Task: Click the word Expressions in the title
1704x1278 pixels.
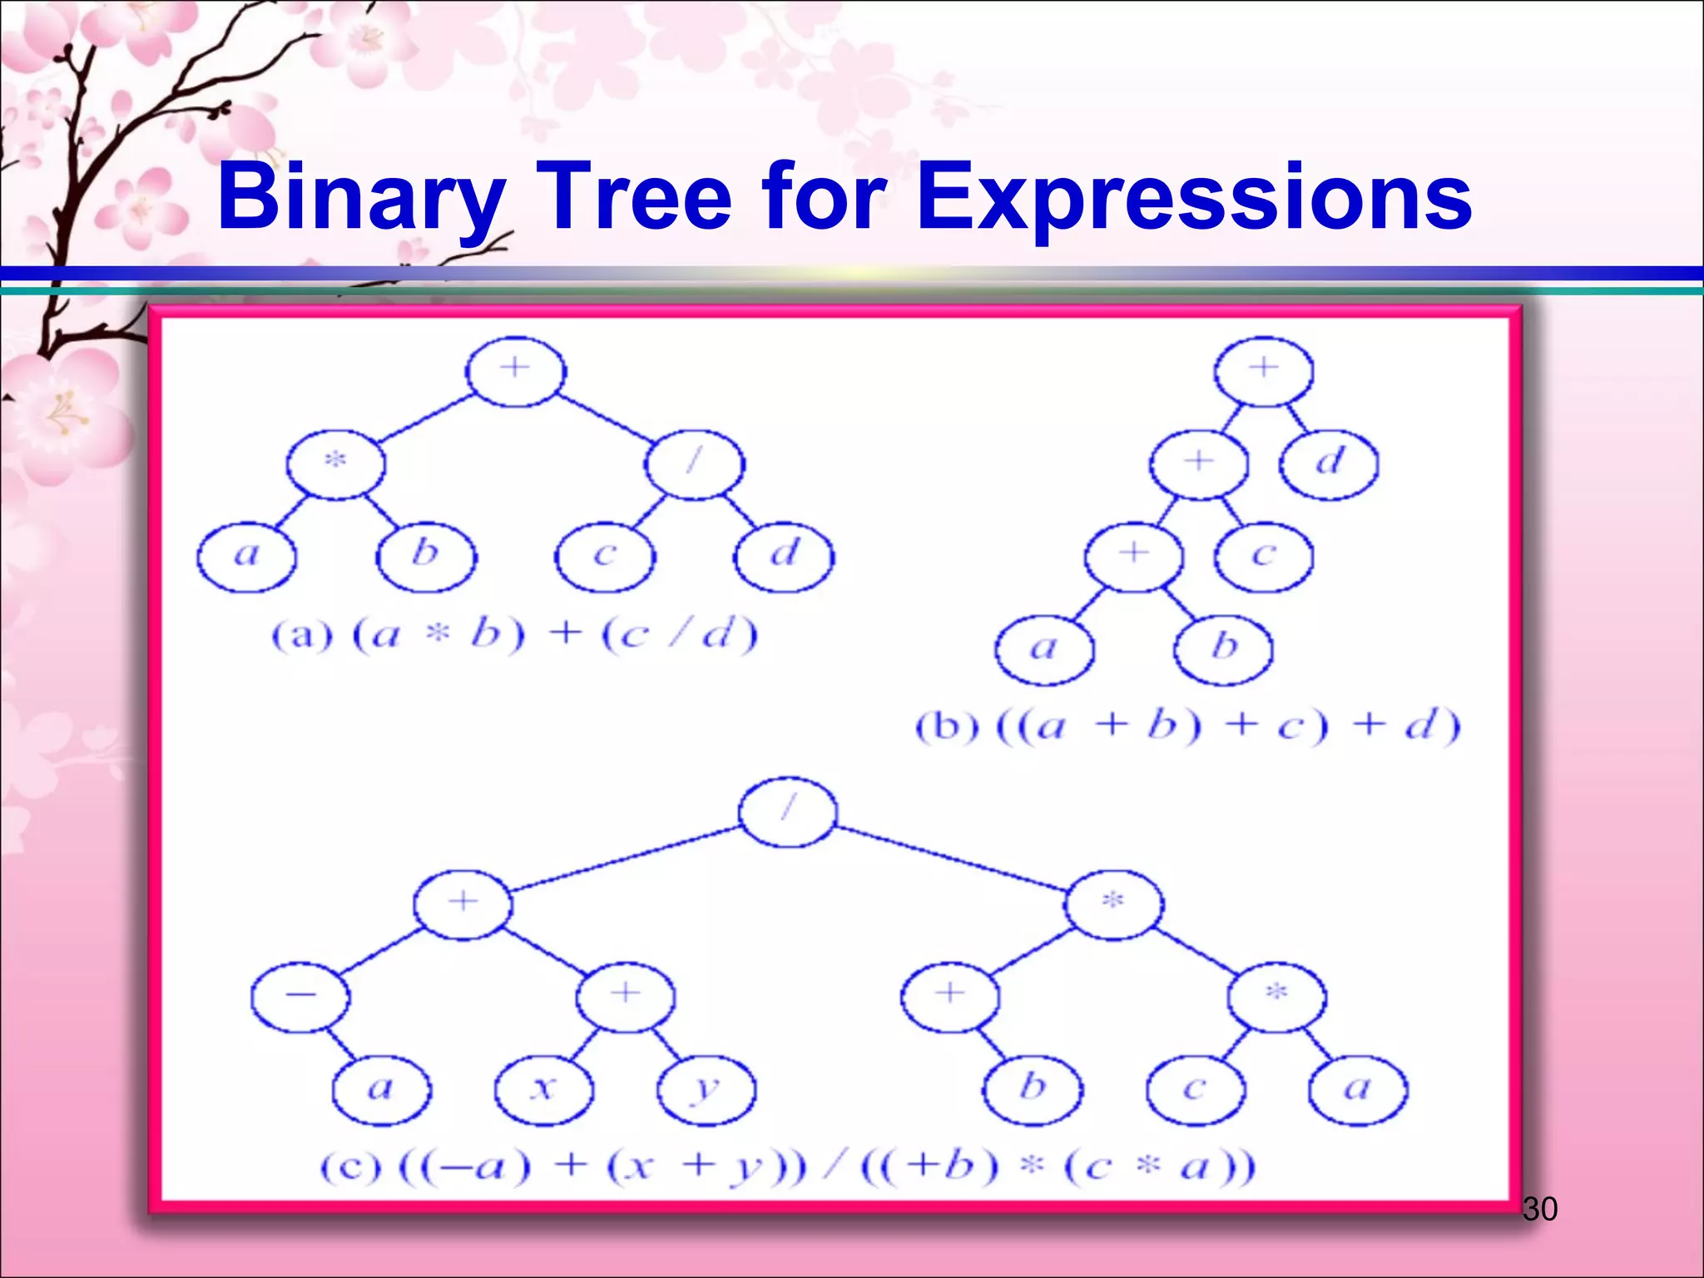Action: click(x=1194, y=198)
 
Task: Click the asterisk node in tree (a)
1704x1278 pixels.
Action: click(x=335, y=463)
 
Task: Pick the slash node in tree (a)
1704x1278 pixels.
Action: click(x=695, y=463)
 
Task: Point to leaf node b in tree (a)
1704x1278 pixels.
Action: click(x=426, y=556)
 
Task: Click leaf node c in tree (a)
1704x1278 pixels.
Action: click(x=605, y=556)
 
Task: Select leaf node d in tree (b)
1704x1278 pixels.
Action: click(x=1329, y=463)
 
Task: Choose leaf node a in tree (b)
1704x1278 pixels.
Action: click(x=1044, y=649)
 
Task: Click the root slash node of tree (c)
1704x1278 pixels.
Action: click(x=787, y=811)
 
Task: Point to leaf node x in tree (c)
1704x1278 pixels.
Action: click(x=543, y=1089)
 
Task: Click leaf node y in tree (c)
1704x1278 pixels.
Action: click(x=706, y=1089)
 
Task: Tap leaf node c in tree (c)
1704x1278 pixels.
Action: click(x=1195, y=1089)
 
